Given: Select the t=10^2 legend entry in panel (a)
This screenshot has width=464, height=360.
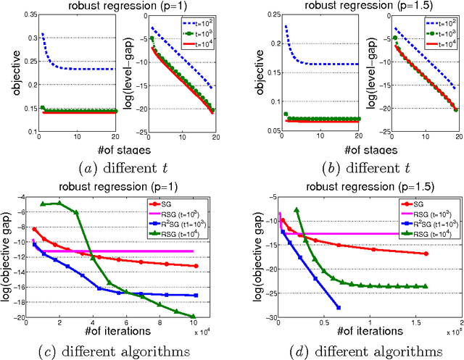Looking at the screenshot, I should [195, 22].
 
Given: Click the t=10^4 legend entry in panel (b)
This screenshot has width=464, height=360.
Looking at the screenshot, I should [427, 44].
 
